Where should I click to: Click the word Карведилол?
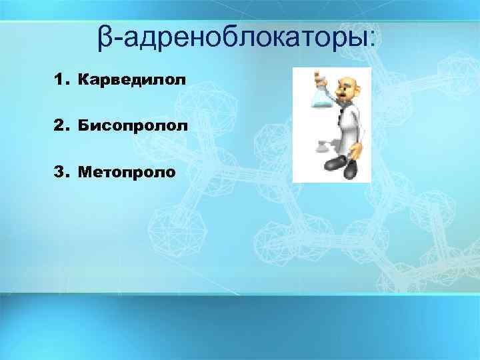131,81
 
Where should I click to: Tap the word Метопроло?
127,173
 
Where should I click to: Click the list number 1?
63,81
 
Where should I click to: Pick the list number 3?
63,173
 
